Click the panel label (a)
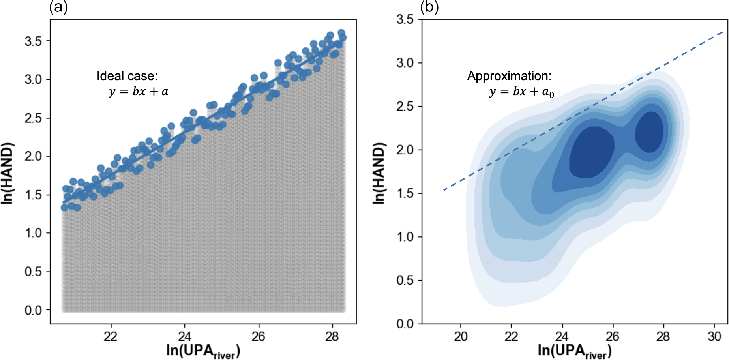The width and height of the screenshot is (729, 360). (58, 7)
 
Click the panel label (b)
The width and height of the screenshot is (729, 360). (429, 7)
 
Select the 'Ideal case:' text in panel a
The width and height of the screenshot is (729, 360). (127, 76)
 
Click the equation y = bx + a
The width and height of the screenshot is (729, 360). (139, 92)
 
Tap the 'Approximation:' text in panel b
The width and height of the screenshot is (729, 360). (509, 76)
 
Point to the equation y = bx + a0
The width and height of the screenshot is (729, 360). (521, 92)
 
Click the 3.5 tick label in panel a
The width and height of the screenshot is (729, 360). (33, 41)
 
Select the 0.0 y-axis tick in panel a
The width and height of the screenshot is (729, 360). (33, 310)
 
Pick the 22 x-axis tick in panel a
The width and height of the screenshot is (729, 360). (111, 336)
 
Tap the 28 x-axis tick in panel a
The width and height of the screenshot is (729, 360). (332, 336)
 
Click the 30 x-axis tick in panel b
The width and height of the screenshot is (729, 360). (714, 336)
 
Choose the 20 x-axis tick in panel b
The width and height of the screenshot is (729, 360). (460, 336)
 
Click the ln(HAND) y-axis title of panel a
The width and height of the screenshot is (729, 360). (7, 173)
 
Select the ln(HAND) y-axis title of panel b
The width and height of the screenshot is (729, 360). (379, 173)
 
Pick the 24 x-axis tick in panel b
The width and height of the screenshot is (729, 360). (562, 336)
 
